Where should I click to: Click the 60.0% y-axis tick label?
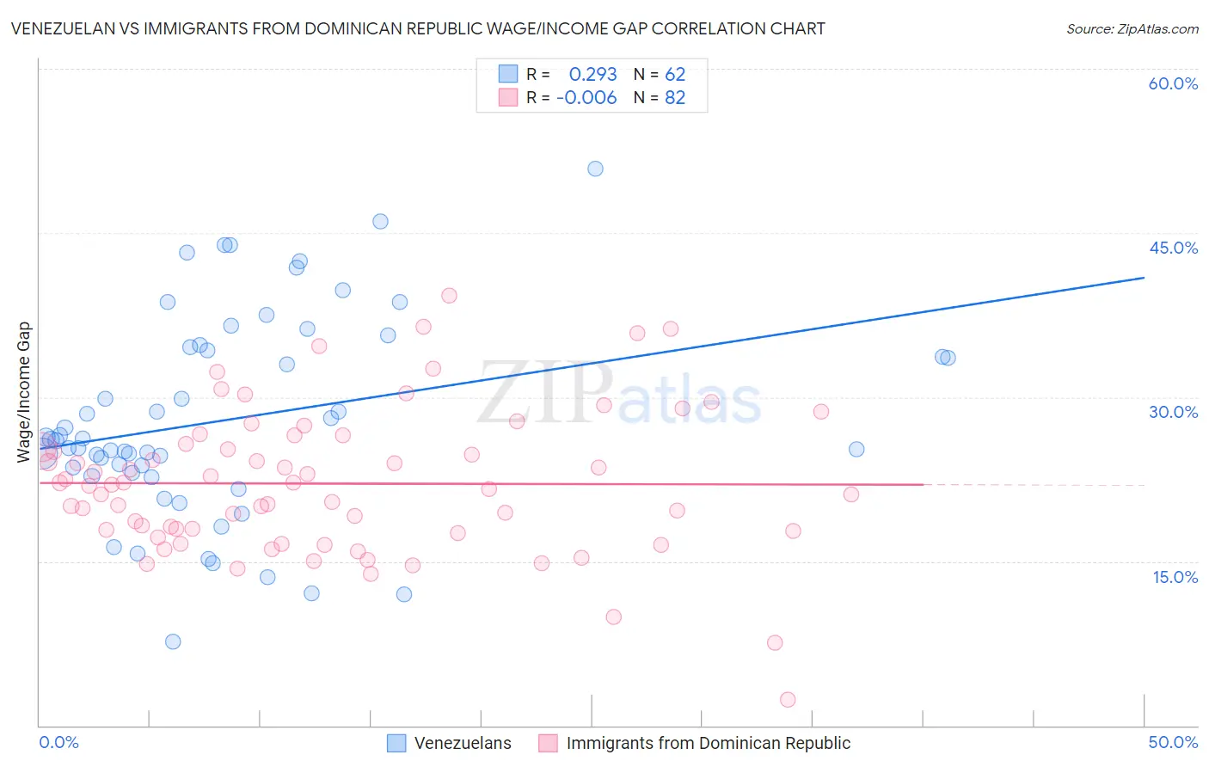(x=1173, y=83)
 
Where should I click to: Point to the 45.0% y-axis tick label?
(x=1173, y=248)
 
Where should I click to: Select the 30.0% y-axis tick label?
(x=1173, y=412)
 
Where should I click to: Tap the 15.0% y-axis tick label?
(x=1175, y=576)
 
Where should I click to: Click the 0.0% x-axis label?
(x=58, y=743)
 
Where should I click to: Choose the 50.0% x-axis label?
(x=1173, y=743)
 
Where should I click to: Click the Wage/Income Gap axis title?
(x=24, y=392)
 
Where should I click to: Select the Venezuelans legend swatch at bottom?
(x=396, y=743)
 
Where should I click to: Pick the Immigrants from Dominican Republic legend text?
(x=708, y=743)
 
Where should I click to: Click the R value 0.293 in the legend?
(x=592, y=75)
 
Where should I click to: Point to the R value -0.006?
(x=586, y=98)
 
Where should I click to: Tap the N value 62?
(x=675, y=75)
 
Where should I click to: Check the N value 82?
(x=675, y=98)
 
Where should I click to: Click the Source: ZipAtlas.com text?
(x=1132, y=29)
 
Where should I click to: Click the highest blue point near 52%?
(x=595, y=169)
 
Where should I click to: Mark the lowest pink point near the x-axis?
(x=788, y=700)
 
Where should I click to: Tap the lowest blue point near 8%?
(x=173, y=641)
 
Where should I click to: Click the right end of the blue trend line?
(x=1144, y=278)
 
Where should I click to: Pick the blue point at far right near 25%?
(x=856, y=449)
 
